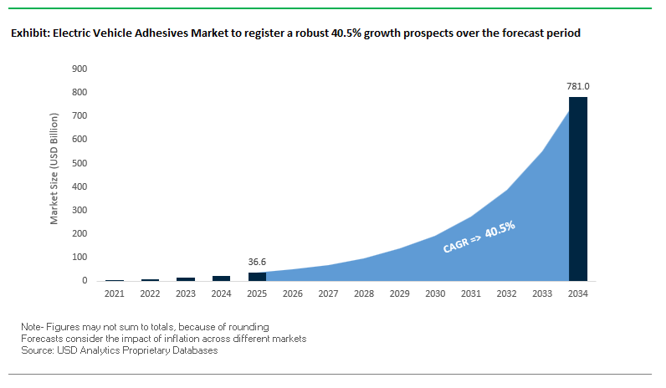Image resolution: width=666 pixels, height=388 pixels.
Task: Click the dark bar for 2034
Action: (x=578, y=189)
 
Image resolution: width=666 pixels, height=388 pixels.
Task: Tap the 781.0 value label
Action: (x=578, y=85)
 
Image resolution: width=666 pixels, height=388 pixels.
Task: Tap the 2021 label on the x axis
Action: (x=114, y=294)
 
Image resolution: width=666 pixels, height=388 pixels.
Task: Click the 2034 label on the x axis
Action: (x=578, y=294)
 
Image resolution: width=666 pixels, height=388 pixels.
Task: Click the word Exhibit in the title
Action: (x=28, y=34)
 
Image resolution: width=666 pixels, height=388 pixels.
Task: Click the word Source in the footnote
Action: (x=37, y=350)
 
